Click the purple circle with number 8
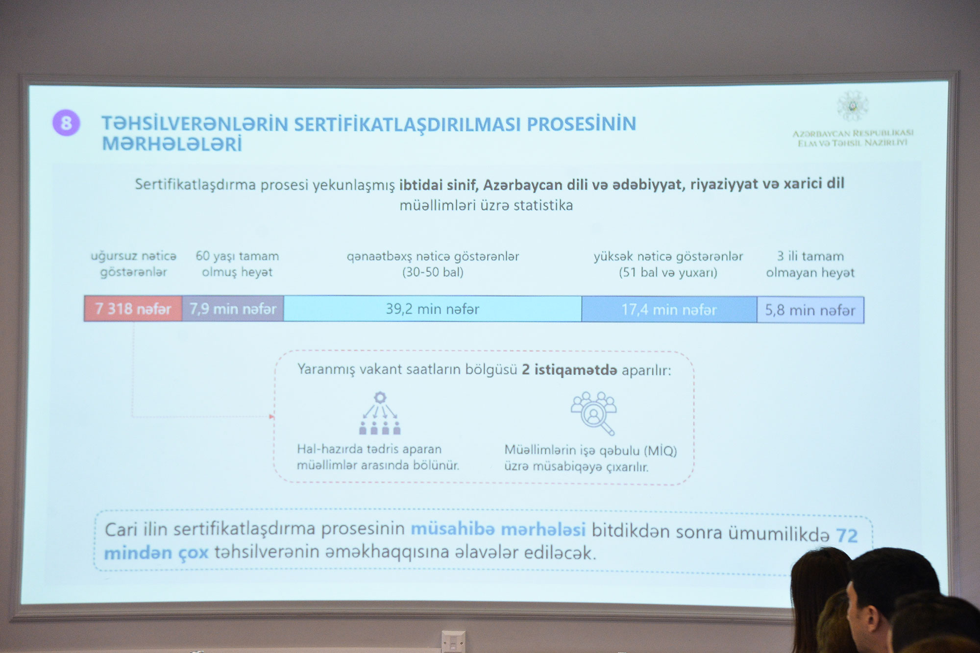click(66, 122)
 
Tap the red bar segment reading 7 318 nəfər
click(133, 309)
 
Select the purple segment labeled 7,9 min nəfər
click(233, 309)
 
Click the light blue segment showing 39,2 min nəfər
click(433, 309)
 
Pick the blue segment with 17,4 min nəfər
click(669, 310)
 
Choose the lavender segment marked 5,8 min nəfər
click(810, 310)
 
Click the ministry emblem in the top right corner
click(853, 105)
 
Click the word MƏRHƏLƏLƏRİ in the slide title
click(172, 144)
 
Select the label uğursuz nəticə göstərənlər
click(133, 264)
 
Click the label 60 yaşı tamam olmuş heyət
click(237, 264)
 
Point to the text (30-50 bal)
click(433, 272)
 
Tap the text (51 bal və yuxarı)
click(668, 273)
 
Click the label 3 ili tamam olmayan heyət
click(810, 265)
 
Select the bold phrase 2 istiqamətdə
click(569, 370)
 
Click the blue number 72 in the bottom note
click(847, 535)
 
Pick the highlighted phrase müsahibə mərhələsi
click(498, 530)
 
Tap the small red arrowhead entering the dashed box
click(271, 417)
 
